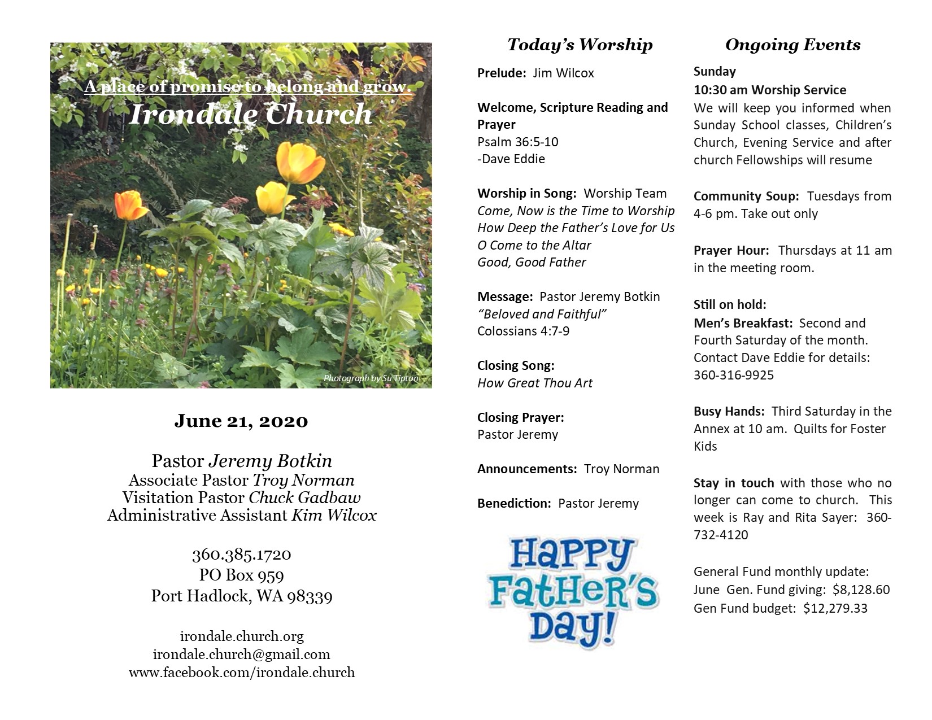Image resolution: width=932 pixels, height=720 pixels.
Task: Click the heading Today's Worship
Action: [580, 45]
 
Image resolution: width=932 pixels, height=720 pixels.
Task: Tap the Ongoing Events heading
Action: [792, 45]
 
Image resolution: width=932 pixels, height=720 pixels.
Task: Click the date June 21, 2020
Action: [241, 421]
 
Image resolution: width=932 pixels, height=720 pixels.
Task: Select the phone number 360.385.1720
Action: [241, 555]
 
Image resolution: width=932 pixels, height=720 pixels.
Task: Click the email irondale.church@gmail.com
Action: [241, 654]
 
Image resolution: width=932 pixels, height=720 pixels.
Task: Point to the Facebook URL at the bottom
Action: [241, 673]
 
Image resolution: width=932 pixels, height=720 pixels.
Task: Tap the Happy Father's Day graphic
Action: [573, 591]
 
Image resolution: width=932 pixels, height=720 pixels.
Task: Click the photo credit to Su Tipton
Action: [371, 378]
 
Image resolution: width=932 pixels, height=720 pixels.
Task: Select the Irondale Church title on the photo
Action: [250, 115]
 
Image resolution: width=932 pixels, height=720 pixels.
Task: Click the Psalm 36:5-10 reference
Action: [517, 142]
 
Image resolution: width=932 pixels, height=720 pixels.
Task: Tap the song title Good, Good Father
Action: [532, 263]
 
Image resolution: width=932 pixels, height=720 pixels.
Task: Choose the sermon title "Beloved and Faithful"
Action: [542, 315]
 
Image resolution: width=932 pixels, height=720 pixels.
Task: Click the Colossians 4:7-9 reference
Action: [523, 331]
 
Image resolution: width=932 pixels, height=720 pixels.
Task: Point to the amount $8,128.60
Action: [861, 590]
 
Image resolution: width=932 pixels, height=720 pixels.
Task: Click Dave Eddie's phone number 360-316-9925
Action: [733, 376]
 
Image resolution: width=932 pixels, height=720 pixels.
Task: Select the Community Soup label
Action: [746, 197]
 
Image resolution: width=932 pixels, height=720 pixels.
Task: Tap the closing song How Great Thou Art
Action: [534, 383]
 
